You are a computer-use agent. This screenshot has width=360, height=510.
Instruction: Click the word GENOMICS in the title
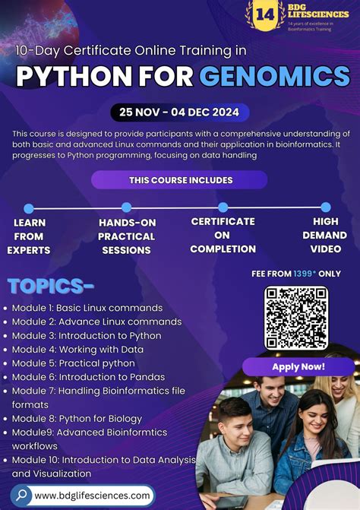274,76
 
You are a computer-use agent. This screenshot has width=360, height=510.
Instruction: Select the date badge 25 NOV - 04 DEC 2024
179,112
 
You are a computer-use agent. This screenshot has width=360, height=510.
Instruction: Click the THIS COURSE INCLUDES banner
180,180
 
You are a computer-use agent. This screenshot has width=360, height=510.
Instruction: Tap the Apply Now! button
298,366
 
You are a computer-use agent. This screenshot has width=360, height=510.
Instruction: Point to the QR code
296,318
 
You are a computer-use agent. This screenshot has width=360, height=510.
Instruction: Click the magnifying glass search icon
21,495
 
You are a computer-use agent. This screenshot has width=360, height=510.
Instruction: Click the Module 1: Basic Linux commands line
87,308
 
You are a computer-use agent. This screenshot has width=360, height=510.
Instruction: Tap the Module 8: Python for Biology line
77,418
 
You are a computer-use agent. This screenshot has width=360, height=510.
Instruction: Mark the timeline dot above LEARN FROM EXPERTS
29,207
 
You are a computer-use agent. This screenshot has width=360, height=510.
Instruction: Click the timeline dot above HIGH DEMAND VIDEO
325,207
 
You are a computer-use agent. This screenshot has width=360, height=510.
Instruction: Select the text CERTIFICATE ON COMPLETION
223,235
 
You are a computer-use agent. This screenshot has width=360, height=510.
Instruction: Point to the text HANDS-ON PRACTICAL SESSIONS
126,236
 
